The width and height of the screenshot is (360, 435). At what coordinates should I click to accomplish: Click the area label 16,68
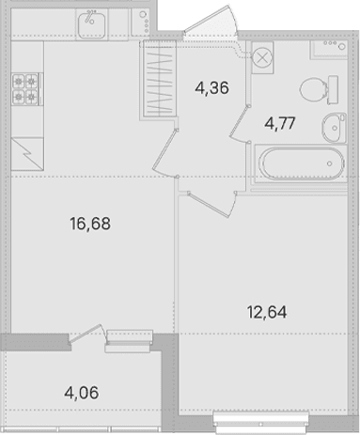pos(90,224)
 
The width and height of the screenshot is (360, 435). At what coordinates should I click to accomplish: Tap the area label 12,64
pos(267,312)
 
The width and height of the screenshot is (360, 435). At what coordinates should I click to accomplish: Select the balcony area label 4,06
pos(82,393)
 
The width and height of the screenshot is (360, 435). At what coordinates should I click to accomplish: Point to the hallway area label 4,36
pos(211,87)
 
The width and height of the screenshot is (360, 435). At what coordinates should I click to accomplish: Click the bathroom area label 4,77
pos(280,123)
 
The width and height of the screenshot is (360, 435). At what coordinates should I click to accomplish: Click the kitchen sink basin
pos(91,24)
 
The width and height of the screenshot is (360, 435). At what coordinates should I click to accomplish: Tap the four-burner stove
pos(25,89)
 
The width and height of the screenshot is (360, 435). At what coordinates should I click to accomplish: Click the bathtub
pos(302,163)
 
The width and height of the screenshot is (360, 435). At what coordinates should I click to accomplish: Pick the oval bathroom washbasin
pos(334,128)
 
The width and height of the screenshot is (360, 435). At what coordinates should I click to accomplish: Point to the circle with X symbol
pos(262,57)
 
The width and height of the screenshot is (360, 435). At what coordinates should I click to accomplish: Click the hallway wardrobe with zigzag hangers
pos(160,78)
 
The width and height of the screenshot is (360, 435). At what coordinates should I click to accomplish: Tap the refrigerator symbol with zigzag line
pos(27,154)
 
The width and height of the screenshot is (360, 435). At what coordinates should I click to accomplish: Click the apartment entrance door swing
pos(211,20)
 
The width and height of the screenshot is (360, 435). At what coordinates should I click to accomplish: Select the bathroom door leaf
pos(240,121)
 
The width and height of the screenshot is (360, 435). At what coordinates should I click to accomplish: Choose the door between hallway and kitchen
pos(165,153)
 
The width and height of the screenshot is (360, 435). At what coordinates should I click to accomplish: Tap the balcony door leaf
pos(86,334)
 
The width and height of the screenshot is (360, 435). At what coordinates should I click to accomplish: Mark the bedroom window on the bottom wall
pos(261,421)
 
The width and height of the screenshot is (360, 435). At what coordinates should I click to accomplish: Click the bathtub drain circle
pos(330,163)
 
